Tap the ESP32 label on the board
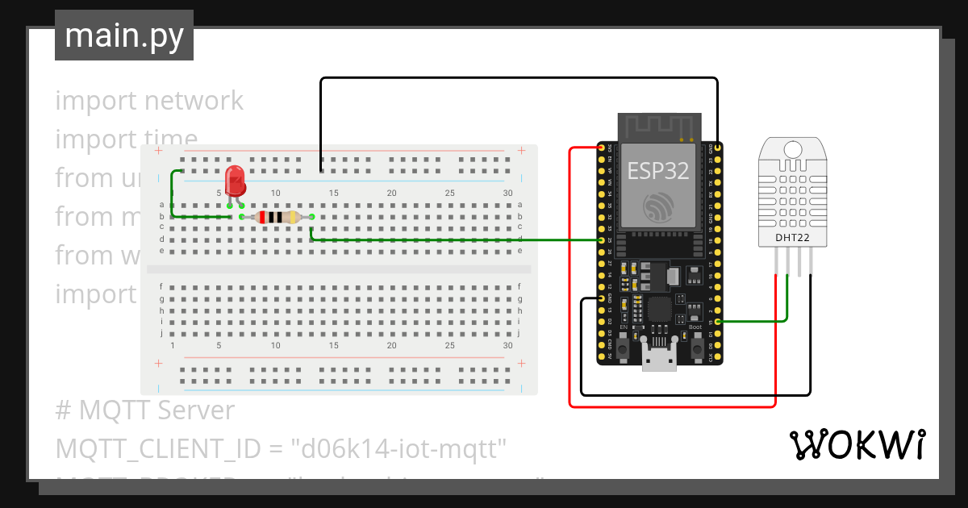tap(658, 171)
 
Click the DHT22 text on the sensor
tap(792, 237)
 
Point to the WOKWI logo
tap(857, 445)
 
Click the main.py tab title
tap(123, 36)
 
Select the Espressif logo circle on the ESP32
tap(658, 209)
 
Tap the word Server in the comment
tap(196, 410)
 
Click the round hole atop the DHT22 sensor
tap(793, 150)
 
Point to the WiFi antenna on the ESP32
tap(659, 126)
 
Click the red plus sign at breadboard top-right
tap(522, 150)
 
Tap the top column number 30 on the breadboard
tap(507, 193)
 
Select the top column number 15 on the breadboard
tap(334, 193)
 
